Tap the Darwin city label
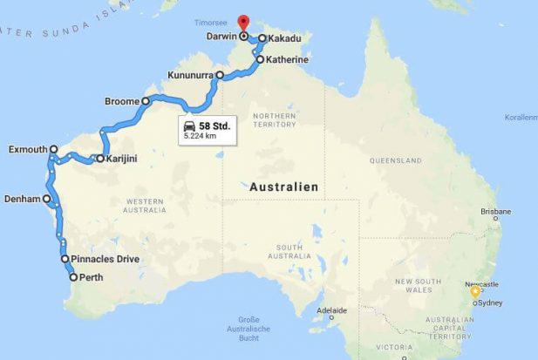tap(221, 37)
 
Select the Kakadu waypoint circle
tap(262, 39)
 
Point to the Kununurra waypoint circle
tap(220, 76)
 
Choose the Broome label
tap(121, 101)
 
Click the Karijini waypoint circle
tap(100, 159)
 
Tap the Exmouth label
tap(26, 149)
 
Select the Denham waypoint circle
tap(47, 199)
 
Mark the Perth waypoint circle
tap(72, 277)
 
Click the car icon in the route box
tap(189, 126)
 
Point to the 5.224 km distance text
tap(200, 136)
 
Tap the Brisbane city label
tap(495, 212)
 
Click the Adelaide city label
tap(331, 310)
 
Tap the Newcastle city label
tap(482, 284)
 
